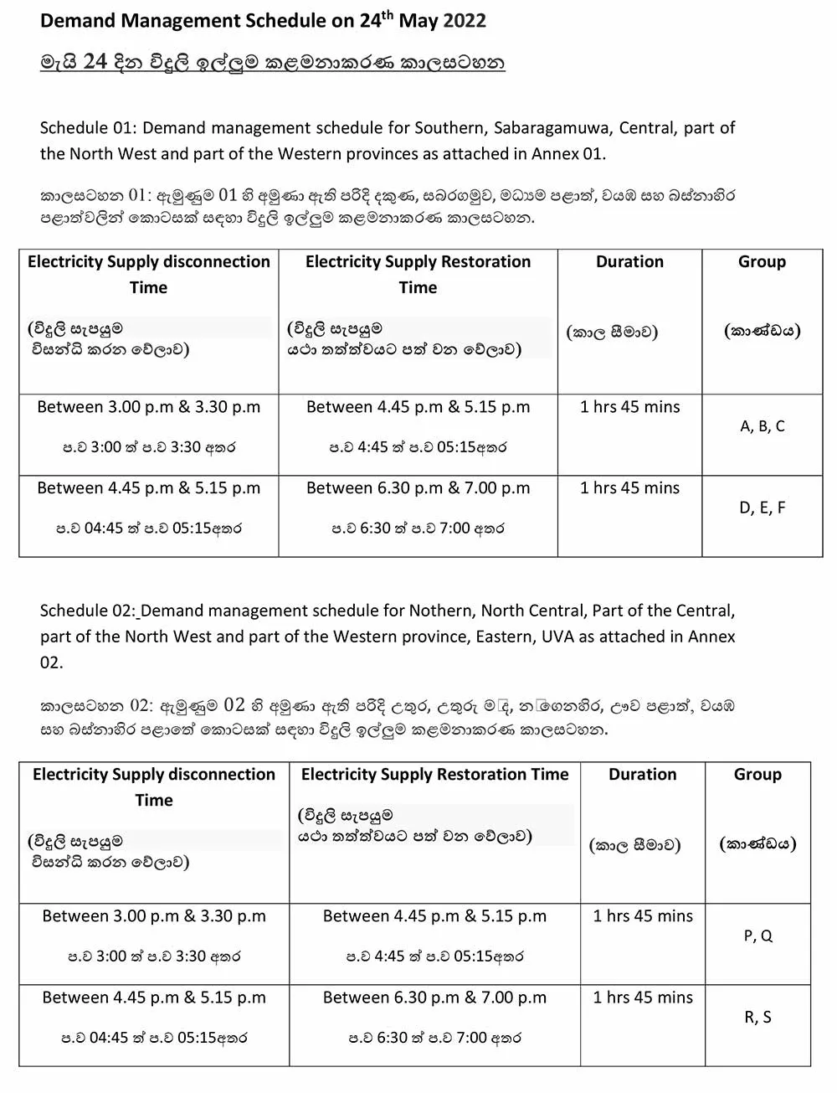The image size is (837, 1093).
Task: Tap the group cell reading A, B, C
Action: pos(763,426)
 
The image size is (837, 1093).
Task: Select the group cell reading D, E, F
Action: pos(763,508)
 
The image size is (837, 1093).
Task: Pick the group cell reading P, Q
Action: pos(757,936)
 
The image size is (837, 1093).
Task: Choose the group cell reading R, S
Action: pos(757,1017)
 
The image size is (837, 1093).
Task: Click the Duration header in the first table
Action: pos(629,262)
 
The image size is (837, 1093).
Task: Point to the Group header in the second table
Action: pos(757,775)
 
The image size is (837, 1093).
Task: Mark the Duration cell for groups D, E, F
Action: pos(629,488)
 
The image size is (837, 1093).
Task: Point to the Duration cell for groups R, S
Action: pos(643,998)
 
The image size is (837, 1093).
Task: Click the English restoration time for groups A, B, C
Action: pos(418,407)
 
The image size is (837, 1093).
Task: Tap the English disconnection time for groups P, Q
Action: pos(154,916)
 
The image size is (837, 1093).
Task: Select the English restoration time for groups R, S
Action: pos(434,998)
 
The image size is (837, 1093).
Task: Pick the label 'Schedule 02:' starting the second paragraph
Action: pos(86,611)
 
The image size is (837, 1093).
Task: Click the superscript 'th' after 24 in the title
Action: pos(388,14)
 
